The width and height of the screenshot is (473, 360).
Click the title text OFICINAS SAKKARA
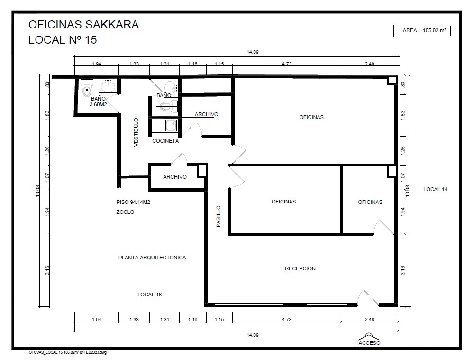83,25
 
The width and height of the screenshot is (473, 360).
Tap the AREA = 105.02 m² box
423,31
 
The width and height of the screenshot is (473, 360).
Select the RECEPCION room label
300,268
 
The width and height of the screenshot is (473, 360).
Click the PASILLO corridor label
218,216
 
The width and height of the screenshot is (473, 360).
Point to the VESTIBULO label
136,132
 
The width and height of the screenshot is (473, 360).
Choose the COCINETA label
165,141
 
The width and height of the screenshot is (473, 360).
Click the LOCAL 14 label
435,189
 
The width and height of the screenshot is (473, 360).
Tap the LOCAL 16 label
150,295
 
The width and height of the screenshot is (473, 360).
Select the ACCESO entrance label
369,343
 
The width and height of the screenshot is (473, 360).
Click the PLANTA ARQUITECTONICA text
152,258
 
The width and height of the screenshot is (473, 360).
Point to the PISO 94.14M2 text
133,203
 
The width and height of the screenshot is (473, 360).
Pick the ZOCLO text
125,212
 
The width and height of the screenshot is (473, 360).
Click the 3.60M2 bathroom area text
98,104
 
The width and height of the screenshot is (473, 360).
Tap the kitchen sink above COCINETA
171,125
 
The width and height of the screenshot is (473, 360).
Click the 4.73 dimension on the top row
287,64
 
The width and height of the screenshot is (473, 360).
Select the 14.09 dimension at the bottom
253,335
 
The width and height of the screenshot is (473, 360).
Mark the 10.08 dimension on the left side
38,191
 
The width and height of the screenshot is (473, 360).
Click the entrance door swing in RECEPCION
368,297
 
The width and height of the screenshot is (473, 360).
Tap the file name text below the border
68,352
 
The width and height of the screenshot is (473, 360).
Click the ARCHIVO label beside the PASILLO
175,177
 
